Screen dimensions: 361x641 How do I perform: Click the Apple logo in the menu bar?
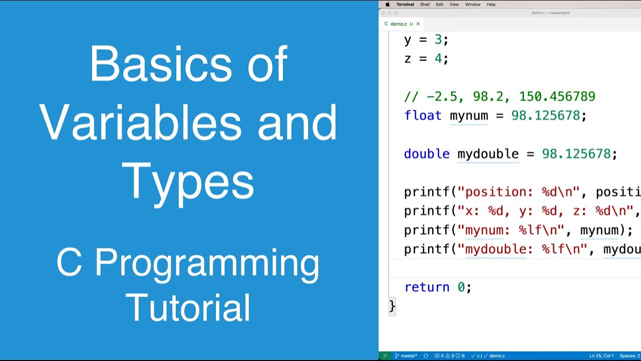[x=387, y=5]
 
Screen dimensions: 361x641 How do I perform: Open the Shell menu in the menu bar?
[x=425, y=5]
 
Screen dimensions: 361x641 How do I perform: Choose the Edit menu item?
[x=439, y=5]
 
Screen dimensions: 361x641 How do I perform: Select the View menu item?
[x=454, y=5]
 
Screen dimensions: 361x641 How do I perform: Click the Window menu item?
[x=473, y=5]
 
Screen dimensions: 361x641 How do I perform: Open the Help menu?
[x=491, y=5]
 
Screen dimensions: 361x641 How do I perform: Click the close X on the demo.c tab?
[x=418, y=24]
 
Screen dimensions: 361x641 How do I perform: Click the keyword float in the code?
[x=423, y=116]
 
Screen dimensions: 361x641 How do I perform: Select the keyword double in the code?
[x=427, y=154]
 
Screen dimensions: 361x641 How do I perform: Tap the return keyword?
[x=427, y=287]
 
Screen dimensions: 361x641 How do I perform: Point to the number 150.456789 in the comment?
[x=557, y=97]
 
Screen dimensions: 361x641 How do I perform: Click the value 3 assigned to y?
[x=438, y=40]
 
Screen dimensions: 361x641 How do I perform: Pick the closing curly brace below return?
[x=392, y=306]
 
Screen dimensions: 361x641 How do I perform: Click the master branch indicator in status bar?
[x=406, y=356]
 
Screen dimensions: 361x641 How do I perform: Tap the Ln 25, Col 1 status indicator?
[x=601, y=356]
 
